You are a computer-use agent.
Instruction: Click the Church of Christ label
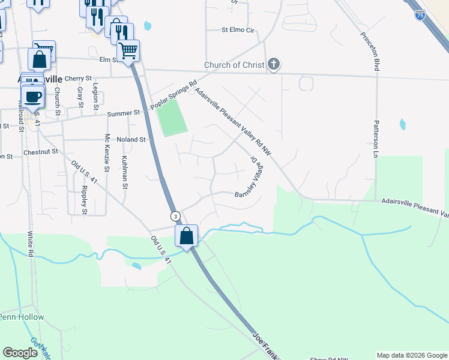click(234, 65)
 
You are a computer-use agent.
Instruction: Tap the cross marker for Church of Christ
click(274, 64)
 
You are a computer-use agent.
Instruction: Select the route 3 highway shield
click(175, 216)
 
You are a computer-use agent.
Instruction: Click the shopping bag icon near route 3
click(186, 235)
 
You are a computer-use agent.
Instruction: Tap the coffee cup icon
click(33, 96)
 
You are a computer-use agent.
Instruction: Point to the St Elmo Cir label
click(238, 29)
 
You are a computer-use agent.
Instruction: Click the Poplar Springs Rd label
click(173, 95)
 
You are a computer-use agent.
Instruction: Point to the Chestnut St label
click(41, 152)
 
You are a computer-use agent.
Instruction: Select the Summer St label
click(123, 113)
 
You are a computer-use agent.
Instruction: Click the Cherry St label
click(78, 78)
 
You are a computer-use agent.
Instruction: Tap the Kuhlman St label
click(125, 172)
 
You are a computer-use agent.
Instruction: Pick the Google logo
click(20, 353)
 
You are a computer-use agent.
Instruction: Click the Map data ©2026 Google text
click(412, 355)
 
